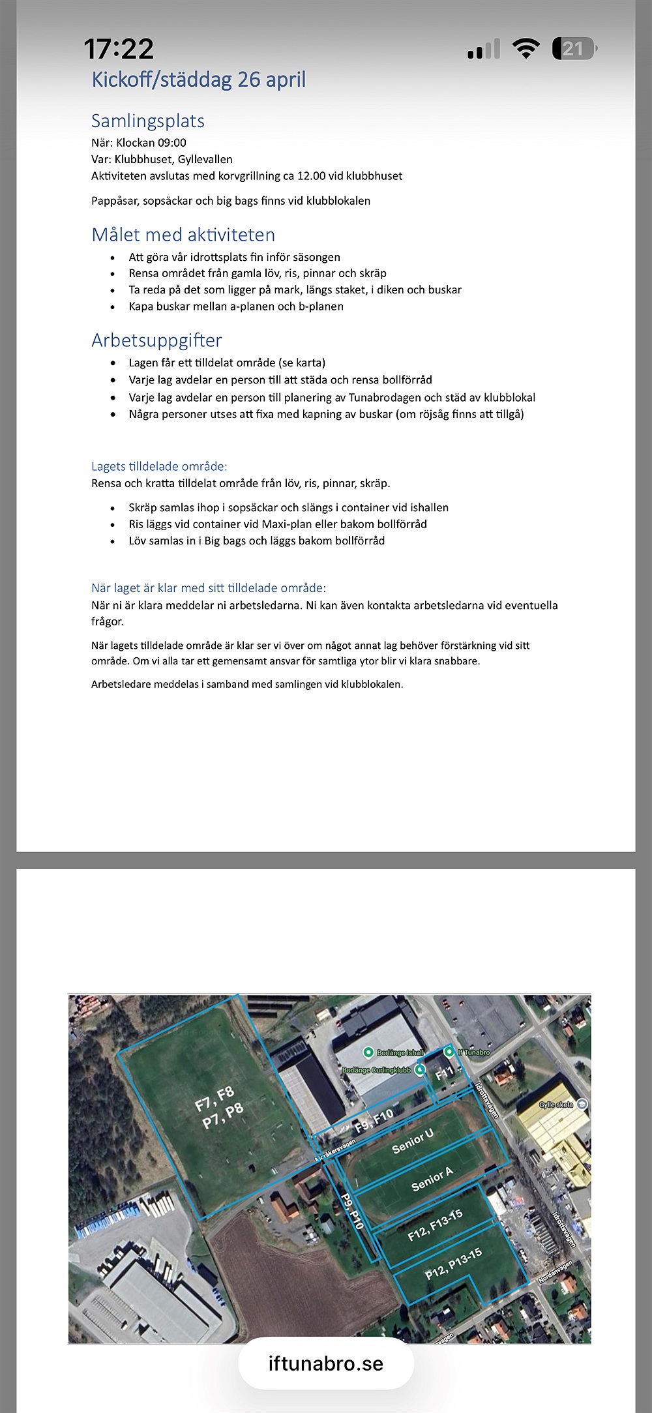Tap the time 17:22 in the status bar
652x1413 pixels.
(119, 49)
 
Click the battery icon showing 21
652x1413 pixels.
(574, 49)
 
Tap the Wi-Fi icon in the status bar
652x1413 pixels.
(526, 48)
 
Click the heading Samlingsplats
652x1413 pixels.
(148, 121)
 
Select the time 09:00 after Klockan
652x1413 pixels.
(171, 143)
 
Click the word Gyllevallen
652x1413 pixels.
(205, 159)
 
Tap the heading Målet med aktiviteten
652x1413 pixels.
(183, 235)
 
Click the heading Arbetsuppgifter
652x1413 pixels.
(156, 340)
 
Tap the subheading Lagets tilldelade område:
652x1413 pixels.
(159, 466)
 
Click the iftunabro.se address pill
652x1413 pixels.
(326, 1363)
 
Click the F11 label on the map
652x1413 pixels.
(444, 1074)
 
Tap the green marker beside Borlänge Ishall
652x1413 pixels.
(368, 1052)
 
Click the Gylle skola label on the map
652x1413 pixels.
(556, 1105)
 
